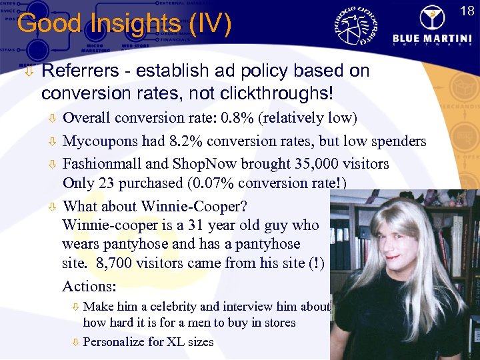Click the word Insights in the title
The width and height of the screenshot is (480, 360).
click(136, 25)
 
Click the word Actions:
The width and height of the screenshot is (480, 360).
click(89, 287)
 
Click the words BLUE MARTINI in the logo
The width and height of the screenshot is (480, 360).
click(435, 38)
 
